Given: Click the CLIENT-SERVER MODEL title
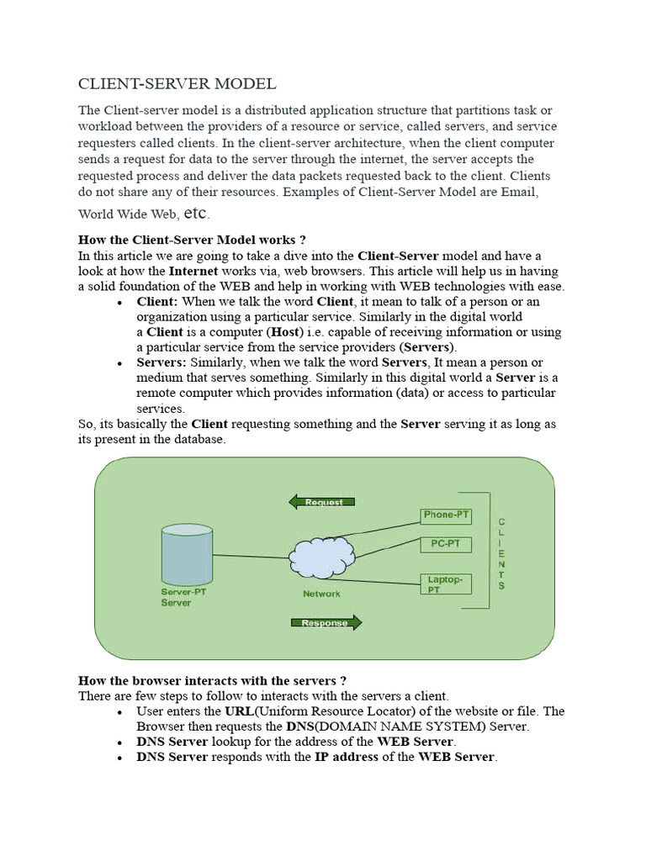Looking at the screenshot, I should pyautogui.click(x=177, y=84).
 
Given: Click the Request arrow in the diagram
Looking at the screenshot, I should pyautogui.click(x=321, y=502).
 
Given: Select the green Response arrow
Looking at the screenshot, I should pyautogui.click(x=326, y=623).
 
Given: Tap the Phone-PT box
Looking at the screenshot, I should pyautogui.click(x=446, y=515).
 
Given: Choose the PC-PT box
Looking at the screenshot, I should pyautogui.click(x=446, y=544).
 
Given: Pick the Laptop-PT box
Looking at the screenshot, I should pyautogui.click(x=445, y=584).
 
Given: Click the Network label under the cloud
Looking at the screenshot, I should pyautogui.click(x=321, y=594).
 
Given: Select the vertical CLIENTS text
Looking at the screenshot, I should pyautogui.click(x=502, y=553).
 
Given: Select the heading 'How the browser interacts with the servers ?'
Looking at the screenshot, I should pyautogui.click(x=212, y=680).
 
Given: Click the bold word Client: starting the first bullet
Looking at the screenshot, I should pyautogui.click(x=157, y=301).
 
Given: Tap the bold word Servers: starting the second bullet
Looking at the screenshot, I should pyautogui.click(x=161, y=362).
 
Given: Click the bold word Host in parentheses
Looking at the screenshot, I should pyautogui.click(x=285, y=332).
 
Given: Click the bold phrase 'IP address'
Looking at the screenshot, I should pyautogui.click(x=347, y=758).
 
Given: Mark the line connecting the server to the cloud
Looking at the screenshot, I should pyautogui.click(x=251, y=557).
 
